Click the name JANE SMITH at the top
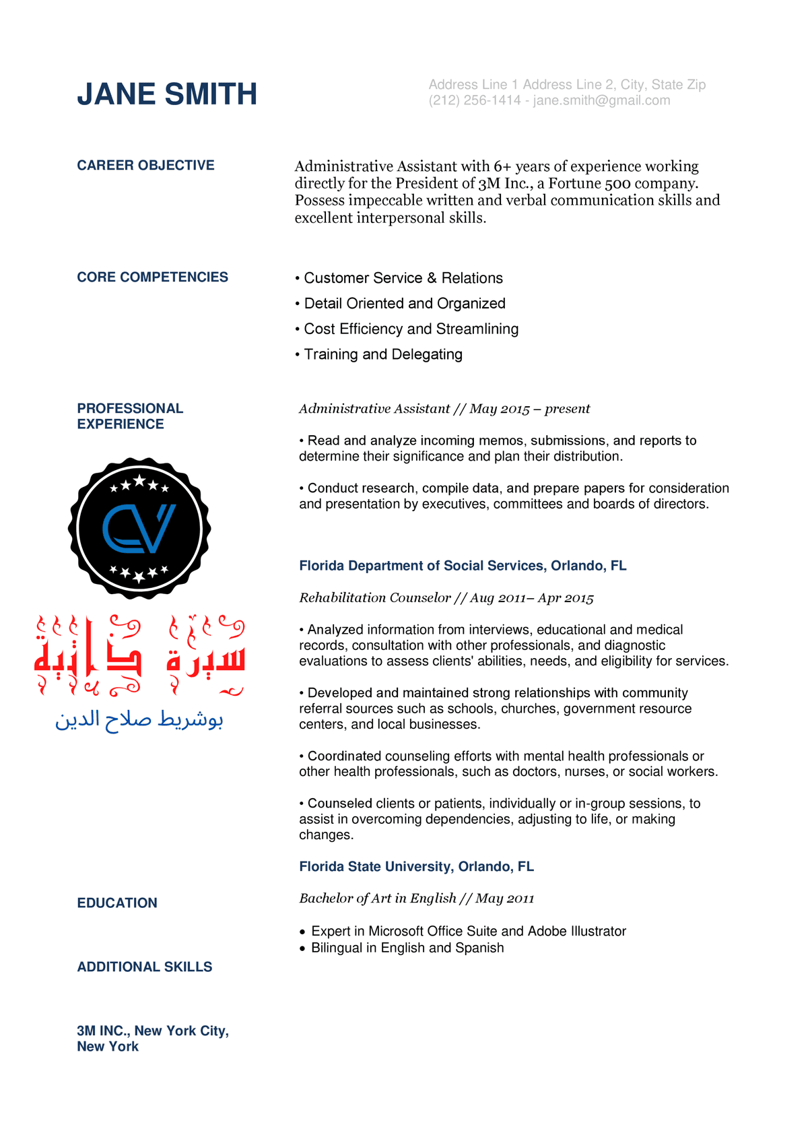tap(167, 94)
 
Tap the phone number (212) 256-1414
tap(475, 100)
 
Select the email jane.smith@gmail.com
tap(601, 100)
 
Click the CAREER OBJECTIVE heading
tap(145, 166)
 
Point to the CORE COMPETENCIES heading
tap(152, 277)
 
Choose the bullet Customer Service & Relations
tap(403, 278)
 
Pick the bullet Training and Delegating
tap(382, 354)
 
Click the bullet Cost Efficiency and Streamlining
tap(411, 329)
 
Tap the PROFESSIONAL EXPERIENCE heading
tap(130, 416)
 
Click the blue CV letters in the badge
tap(139, 529)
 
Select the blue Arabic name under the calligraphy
tap(139, 719)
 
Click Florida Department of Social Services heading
tap(463, 566)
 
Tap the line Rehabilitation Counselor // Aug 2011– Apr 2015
tap(446, 598)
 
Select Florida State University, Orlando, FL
tap(416, 867)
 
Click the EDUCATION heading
tap(117, 903)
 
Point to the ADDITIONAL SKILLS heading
tap(145, 967)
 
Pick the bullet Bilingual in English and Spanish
tap(407, 948)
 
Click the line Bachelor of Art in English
tap(416, 899)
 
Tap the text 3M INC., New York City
tap(153, 1031)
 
